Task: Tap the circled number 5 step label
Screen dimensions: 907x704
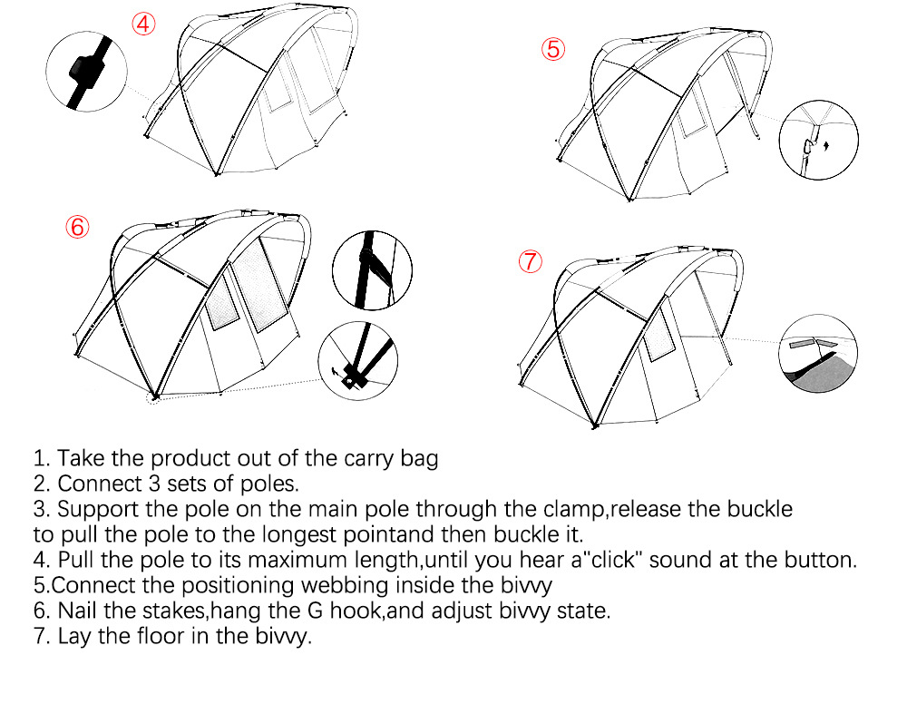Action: (x=554, y=49)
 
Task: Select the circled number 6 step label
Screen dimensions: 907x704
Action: (x=77, y=227)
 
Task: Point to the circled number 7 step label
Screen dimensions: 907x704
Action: (x=530, y=262)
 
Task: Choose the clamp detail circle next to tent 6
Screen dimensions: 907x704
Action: (x=373, y=268)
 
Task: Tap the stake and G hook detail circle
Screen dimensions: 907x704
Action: (x=359, y=361)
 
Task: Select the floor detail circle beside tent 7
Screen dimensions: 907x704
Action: (x=818, y=354)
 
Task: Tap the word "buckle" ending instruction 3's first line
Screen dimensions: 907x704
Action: (x=756, y=508)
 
